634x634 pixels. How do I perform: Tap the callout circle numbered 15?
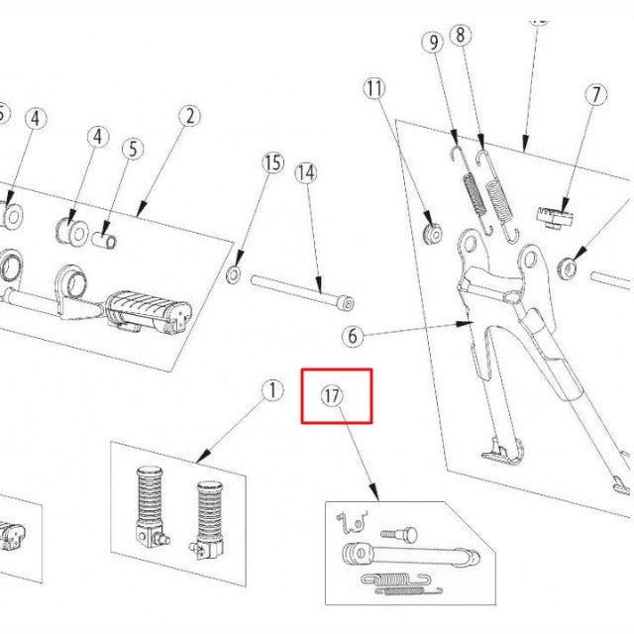(x=272, y=162)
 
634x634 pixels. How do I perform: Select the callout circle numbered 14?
(x=306, y=173)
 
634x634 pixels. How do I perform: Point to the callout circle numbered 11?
(x=373, y=88)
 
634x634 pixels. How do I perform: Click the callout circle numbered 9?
(x=432, y=43)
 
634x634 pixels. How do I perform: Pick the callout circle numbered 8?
(x=460, y=36)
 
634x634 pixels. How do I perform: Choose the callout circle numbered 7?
(x=595, y=96)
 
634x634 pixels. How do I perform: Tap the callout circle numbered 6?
(x=351, y=336)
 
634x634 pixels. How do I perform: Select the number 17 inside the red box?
(x=332, y=396)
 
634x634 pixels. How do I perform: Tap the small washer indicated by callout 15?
(x=234, y=273)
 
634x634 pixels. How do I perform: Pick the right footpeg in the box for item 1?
(x=209, y=514)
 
